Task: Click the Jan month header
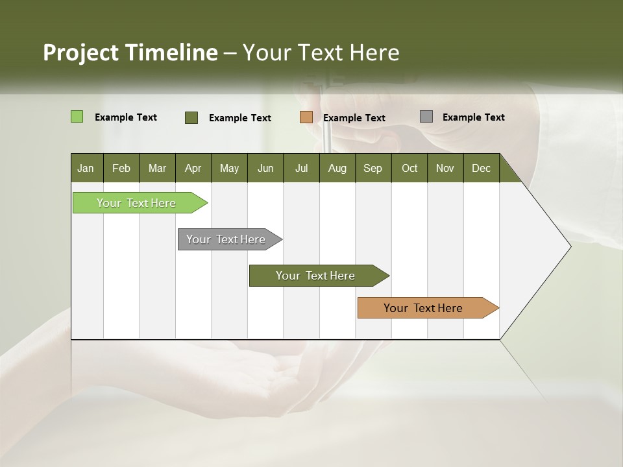86,168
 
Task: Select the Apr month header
193,168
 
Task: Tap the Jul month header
301,168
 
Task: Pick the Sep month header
373,168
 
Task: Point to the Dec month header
481,168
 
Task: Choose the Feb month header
121,168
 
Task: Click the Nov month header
445,168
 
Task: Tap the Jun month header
265,168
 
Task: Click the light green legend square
77,117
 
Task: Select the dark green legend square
191,117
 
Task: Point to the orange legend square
306,117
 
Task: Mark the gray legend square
426,117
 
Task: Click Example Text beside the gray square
473,117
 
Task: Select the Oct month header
409,168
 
